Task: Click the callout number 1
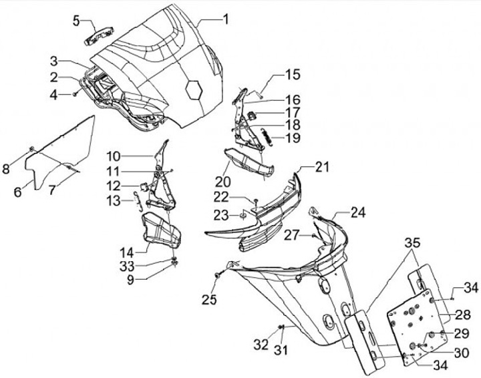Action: point(225,19)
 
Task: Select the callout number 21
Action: point(323,166)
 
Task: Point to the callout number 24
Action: point(359,214)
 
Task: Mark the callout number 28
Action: point(463,314)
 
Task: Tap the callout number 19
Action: point(293,138)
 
